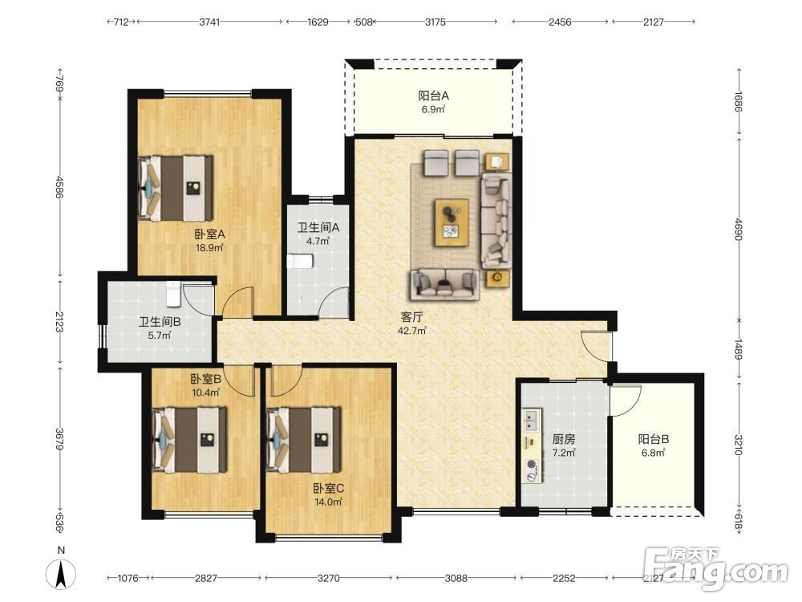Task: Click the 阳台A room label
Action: [433, 96]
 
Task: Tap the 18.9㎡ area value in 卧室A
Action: [209, 248]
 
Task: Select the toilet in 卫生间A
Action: [300, 262]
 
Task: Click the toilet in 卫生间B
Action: [174, 293]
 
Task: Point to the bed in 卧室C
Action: [304, 440]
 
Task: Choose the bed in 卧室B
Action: [190, 440]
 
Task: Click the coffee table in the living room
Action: [452, 222]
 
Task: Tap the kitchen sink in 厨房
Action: [532, 420]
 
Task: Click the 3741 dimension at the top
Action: [209, 22]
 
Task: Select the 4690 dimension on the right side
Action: [739, 229]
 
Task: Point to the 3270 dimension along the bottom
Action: [328, 578]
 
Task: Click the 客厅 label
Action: [411, 317]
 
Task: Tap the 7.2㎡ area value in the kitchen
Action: [564, 453]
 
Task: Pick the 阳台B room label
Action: [653, 439]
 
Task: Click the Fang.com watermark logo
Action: [715, 567]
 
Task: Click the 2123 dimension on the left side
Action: [60, 322]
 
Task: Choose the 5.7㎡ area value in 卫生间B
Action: [160, 336]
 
